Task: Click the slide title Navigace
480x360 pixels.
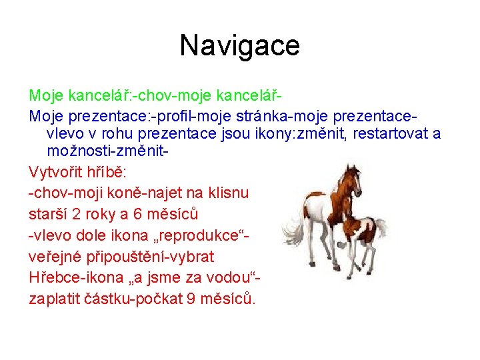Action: tap(240, 46)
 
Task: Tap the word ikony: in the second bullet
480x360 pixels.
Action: tap(262, 133)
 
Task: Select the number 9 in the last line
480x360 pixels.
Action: tap(187, 299)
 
